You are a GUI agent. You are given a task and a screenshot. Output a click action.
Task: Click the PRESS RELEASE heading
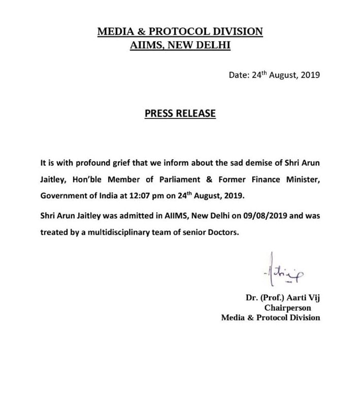pyautogui.click(x=180, y=113)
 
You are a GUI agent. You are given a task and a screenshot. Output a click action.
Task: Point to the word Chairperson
pyautogui.click(x=287, y=308)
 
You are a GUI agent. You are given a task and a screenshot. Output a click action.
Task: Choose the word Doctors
pyautogui.click(x=216, y=231)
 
